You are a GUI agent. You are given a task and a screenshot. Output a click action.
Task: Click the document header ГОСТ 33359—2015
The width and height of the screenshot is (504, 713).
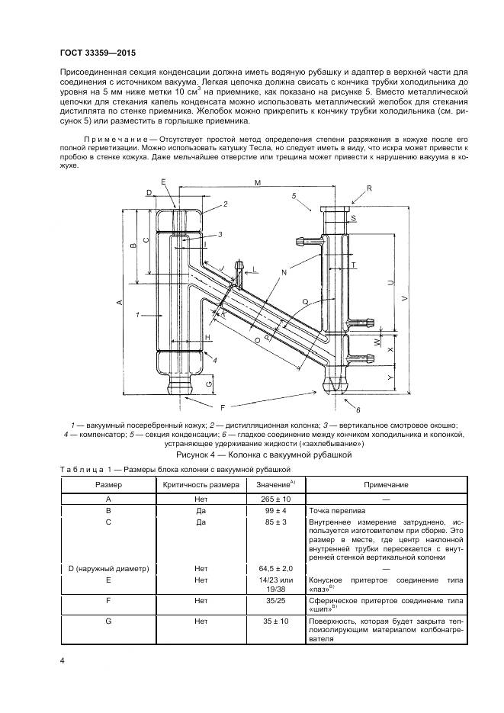(x=98, y=53)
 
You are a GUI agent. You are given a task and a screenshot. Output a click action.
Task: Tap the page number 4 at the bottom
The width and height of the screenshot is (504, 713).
(x=63, y=660)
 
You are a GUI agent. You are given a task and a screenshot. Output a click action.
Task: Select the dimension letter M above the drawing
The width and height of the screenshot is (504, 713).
(x=258, y=183)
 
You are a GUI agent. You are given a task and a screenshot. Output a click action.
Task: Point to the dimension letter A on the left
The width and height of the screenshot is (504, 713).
(x=120, y=302)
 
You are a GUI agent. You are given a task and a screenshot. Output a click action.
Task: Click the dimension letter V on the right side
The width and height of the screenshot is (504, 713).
(x=404, y=298)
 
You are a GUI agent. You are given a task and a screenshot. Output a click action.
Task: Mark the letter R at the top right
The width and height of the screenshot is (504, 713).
(x=369, y=188)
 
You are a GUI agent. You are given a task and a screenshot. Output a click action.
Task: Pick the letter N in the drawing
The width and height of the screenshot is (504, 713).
(x=284, y=273)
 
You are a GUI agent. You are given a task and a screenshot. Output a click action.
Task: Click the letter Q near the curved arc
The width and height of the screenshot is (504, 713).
(x=305, y=301)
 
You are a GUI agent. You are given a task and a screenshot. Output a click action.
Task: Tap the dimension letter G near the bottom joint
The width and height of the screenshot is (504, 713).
(x=209, y=384)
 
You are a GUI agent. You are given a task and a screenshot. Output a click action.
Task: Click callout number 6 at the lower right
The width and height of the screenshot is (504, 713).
(x=358, y=410)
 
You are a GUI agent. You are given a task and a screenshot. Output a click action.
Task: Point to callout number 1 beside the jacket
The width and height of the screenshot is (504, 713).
(x=138, y=313)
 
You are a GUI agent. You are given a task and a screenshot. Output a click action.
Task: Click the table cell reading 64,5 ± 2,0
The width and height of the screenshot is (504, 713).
(x=276, y=568)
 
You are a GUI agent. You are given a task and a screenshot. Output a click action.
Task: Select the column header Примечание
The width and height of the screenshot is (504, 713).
(x=386, y=485)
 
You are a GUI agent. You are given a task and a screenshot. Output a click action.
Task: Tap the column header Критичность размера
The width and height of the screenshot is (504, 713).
(x=201, y=485)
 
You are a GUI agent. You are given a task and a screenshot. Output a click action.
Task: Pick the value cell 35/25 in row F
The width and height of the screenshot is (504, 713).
(x=275, y=601)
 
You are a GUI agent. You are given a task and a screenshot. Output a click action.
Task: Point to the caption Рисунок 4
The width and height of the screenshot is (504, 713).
(x=199, y=454)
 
